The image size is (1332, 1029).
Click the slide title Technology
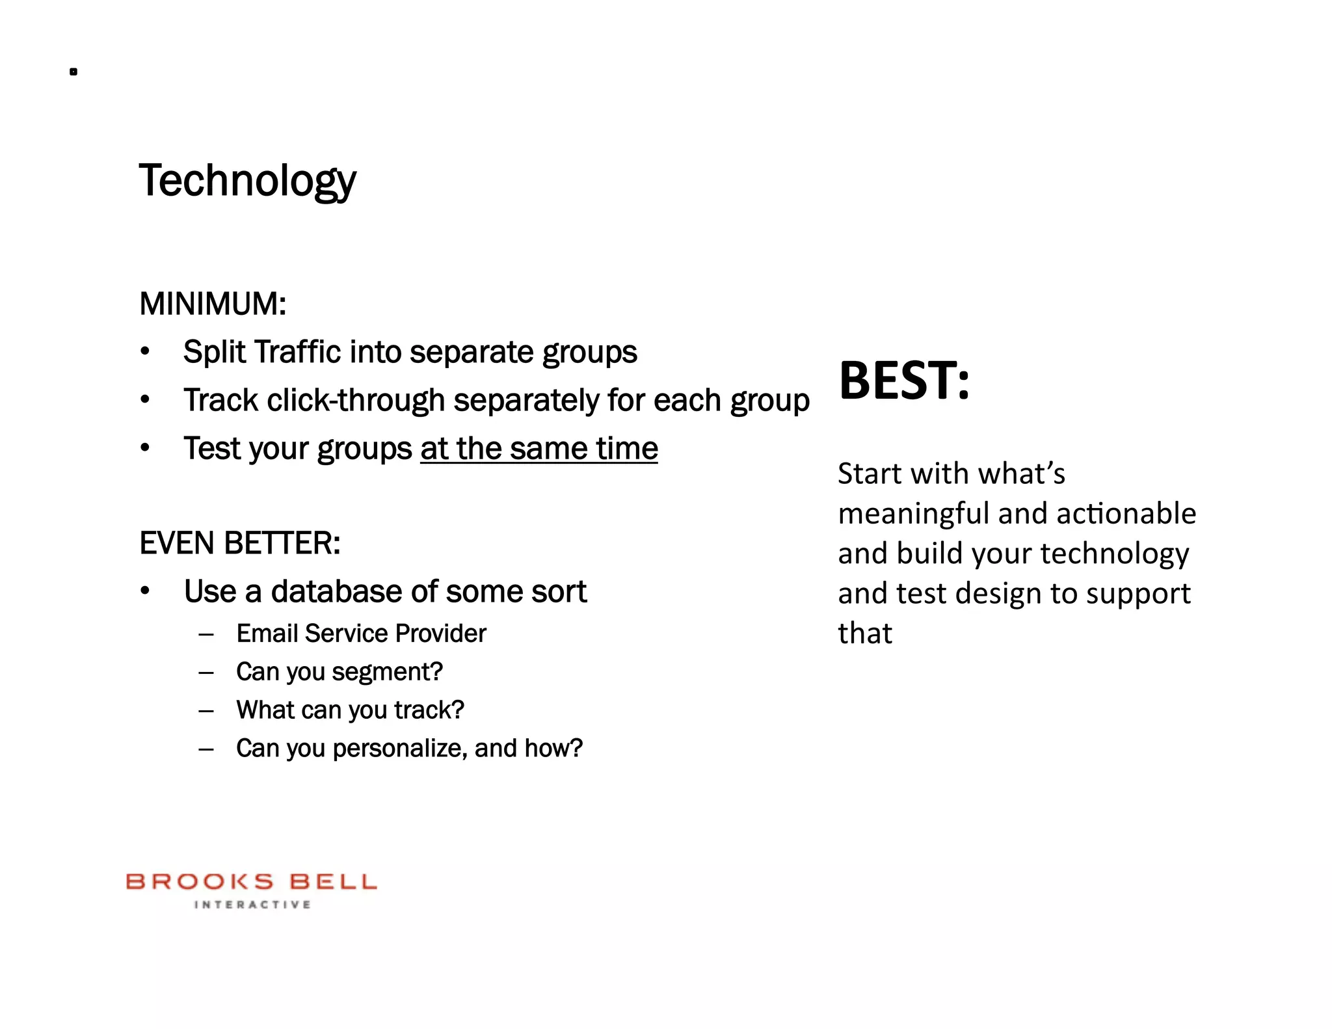pyautogui.click(x=247, y=180)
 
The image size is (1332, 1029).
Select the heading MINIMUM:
pyautogui.click(x=213, y=304)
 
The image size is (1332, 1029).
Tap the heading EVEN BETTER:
pyautogui.click(x=239, y=543)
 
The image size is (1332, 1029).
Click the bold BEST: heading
pyautogui.click(x=903, y=381)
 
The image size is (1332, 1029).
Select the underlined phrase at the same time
pyautogui.click(x=539, y=448)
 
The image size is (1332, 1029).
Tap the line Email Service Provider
pyautogui.click(x=361, y=633)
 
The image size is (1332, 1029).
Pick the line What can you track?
pyautogui.click(x=350, y=710)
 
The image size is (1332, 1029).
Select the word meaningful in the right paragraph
pyautogui.click(x=913, y=514)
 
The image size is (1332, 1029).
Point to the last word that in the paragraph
pyautogui.click(x=864, y=634)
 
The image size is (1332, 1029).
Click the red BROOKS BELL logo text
pyautogui.click(x=251, y=882)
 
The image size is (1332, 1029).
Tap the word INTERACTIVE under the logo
pyautogui.click(x=252, y=905)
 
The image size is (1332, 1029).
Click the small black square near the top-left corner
pyautogui.click(x=73, y=72)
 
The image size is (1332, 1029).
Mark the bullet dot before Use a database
pyautogui.click(x=145, y=591)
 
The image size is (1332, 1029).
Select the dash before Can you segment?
pyautogui.click(x=206, y=672)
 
